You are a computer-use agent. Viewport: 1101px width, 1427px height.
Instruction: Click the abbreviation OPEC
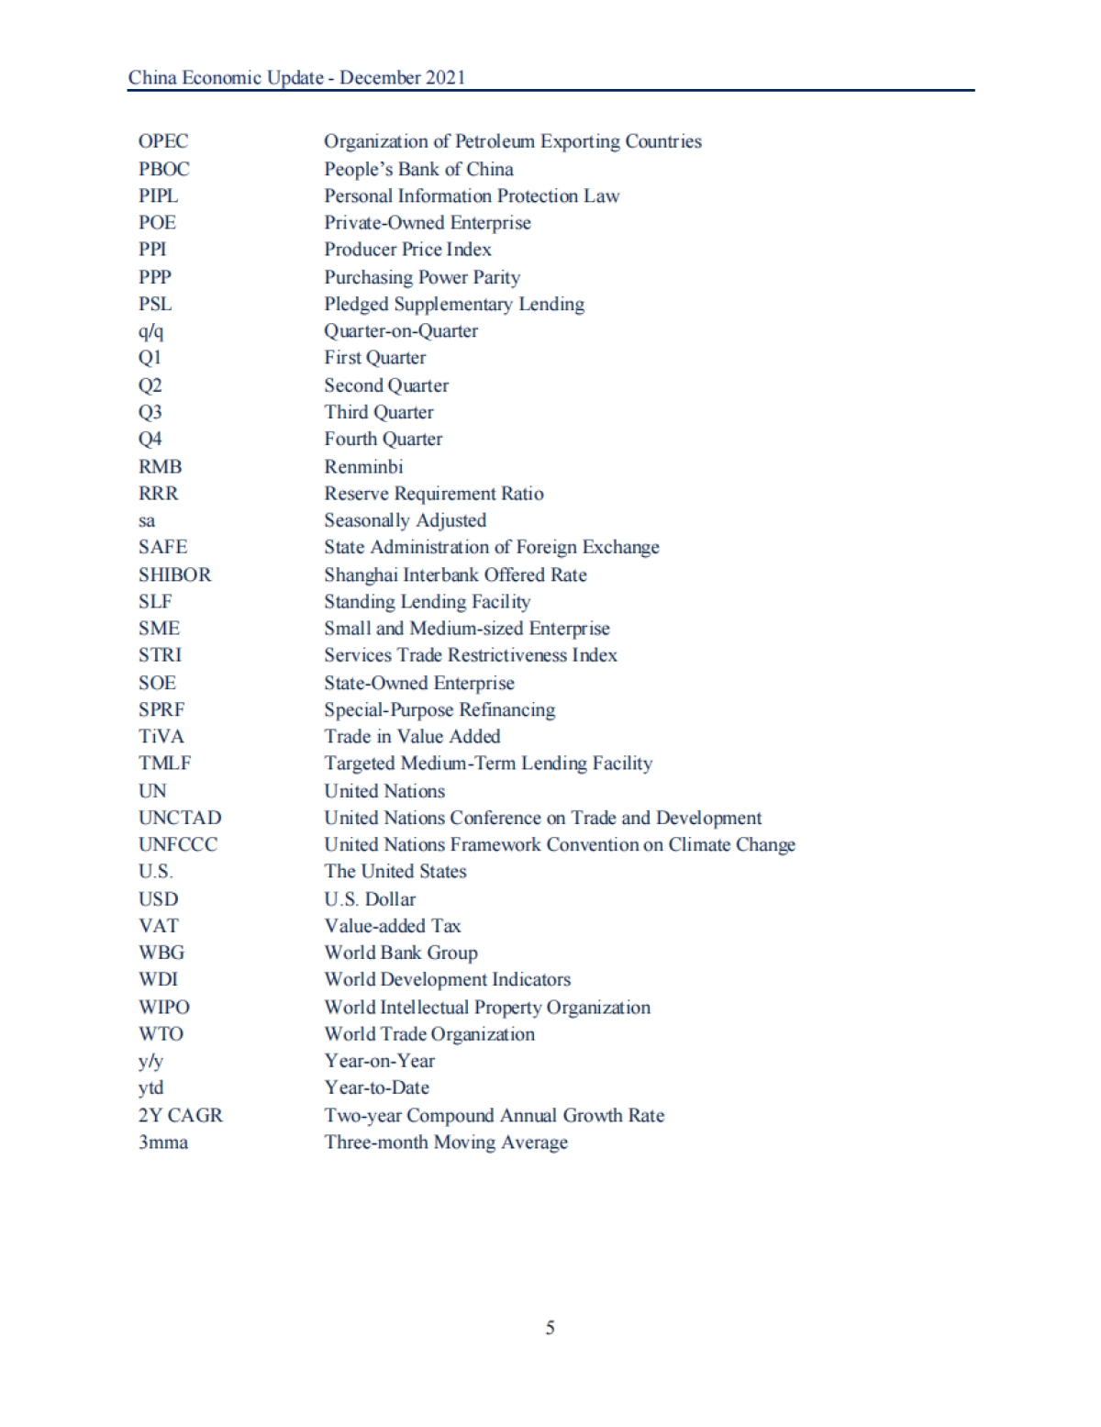(x=163, y=141)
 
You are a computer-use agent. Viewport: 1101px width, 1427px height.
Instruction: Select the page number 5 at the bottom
(x=550, y=1328)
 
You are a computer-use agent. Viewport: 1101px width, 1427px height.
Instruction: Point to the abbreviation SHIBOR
(x=174, y=574)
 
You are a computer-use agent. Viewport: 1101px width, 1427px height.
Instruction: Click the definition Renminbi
(x=363, y=466)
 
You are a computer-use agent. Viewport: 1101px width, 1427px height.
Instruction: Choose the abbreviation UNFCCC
(x=178, y=844)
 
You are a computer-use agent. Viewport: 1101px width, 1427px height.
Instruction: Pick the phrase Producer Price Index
(x=407, y=250)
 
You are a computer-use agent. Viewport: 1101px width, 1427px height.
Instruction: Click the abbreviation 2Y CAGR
(x=180, y=1115)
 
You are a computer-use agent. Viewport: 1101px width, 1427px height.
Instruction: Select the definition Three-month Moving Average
(x=446, y=1143)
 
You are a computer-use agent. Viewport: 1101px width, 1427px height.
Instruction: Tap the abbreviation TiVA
(x=161, y=736)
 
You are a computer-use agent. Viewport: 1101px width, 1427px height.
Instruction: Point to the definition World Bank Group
(x=401, y=953)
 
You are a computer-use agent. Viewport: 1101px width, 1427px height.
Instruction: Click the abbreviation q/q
(x=151, y=331)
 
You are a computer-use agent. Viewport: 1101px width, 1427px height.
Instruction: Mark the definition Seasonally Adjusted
(x=405, y=520)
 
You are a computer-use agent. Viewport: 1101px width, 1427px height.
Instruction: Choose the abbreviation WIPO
(x=164, y=1007)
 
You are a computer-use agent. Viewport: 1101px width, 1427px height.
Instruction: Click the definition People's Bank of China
(x=418, y=169)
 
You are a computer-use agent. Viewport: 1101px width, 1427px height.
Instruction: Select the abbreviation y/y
(x=150, y=1061)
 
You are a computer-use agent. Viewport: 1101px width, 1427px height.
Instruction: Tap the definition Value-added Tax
(x=393, y=926)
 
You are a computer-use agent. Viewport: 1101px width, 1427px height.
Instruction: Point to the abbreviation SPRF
(x=161, y=709)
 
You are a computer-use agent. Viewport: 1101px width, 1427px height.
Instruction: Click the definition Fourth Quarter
(x=383, y=440)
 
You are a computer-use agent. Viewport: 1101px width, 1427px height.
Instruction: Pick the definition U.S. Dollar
(x=370, y=899)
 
